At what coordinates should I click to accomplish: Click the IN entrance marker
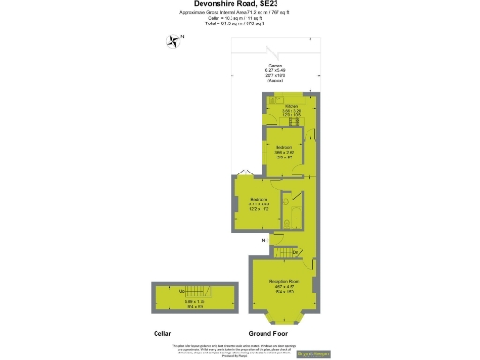pyautogui.click(x=263, y=241)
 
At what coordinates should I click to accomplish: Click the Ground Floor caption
pyautogui.click(x=268, y=333)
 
